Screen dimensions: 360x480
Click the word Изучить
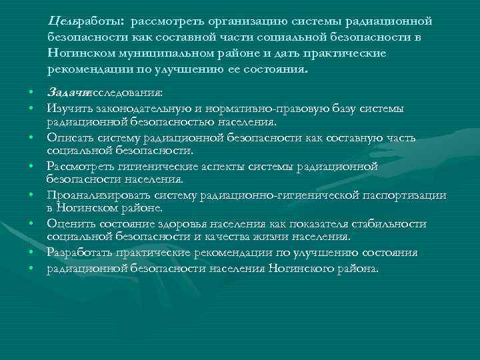pos(65,109)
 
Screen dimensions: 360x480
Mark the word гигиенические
pos(151,167)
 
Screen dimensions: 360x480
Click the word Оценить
pos(68,224)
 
